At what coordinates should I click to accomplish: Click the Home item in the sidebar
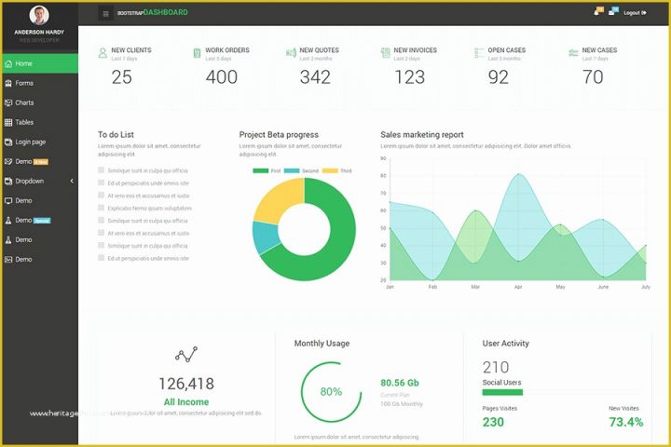click(x=24, y=63)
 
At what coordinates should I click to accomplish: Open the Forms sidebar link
click(x=24, y=83)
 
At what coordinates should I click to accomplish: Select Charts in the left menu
click(x=24, y=102)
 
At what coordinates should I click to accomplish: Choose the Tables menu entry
click(x=24, y=122)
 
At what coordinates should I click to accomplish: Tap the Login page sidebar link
click(x=30, y=142)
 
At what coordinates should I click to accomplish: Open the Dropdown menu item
click(x=30, y=181)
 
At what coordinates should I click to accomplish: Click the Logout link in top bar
click(x=634, y=12)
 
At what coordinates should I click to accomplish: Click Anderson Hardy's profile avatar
click(x=39, y=15)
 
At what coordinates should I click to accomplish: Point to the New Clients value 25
click(x=122, y=77)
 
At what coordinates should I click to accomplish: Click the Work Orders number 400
click(x=222, y=77)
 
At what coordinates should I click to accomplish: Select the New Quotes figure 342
click(x=315, y=77)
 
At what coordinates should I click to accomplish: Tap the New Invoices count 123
click(x=409, y=77)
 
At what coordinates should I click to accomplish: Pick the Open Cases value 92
click(x=499, y=77)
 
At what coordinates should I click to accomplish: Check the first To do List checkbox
click(x=101, y=170)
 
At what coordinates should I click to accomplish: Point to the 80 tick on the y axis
click(x=383, y=175)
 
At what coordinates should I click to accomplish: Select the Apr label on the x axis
click(x=517, y=287)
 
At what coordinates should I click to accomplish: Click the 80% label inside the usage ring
click(x=331, y=392)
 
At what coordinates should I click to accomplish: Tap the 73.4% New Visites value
click(x=625, y=422)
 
